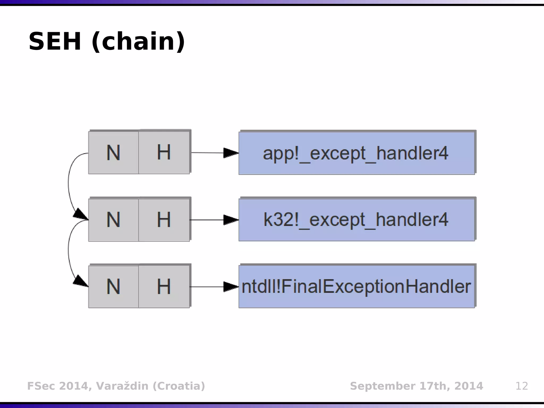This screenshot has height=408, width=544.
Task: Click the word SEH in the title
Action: click(x=55, y=41)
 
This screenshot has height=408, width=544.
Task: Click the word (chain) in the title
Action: click(x=138, y=41)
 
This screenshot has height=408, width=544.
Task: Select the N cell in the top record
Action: click(x=113, y=153)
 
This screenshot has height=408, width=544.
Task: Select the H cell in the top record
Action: click(x=164, y=153)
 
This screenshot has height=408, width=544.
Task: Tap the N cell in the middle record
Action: click(x=113, y=220)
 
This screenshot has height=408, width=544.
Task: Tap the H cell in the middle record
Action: click(x=164, y=220)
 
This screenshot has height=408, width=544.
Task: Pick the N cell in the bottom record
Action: click(x=113, y=287)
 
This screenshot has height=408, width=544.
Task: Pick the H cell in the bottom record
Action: click(x=164, y=287)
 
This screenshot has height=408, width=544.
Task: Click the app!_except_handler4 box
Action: click(x=356, y=153)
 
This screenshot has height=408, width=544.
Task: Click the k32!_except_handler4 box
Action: click(x=356, y=220)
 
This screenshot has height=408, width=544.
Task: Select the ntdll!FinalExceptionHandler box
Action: click(x=356, y=287)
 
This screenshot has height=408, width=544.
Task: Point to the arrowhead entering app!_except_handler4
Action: click(x=231, y=153)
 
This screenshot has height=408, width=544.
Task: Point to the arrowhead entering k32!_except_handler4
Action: click(x=231, y=220)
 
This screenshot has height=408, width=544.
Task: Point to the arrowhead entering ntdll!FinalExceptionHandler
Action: click(x=231, y=287)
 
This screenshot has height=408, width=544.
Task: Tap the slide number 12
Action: click(x=521, y=386)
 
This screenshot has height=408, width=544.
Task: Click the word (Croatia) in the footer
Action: click(x=179, y=386)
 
